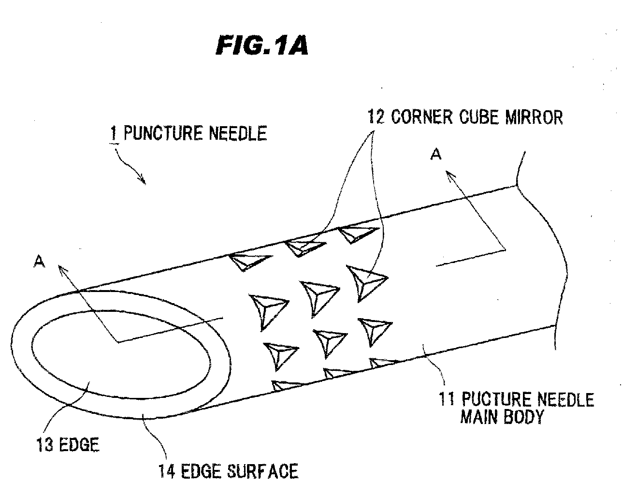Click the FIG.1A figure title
(261, 47)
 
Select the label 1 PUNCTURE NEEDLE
(188, 133)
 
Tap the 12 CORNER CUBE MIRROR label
(465, 117)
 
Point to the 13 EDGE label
(68, 444)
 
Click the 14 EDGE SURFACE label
(228, 470)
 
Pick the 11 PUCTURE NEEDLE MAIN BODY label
(516, 408)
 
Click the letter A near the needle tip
(40, 262)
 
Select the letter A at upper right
(436, 154)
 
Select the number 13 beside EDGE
(44, 444)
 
